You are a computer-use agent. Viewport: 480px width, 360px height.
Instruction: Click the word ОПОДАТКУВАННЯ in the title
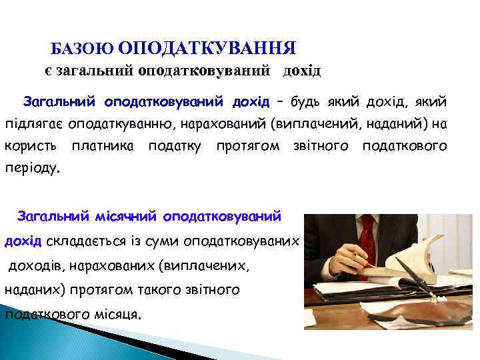pos(207,48)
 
